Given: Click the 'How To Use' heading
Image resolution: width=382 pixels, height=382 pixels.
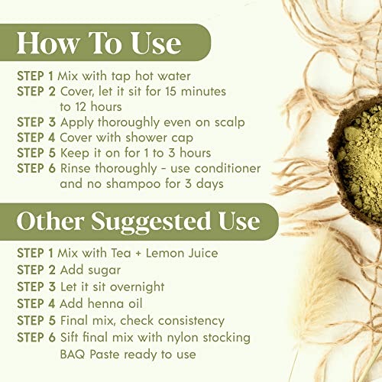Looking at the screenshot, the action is [99, 43].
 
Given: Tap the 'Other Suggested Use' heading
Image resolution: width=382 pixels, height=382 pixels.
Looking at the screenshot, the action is [138, 221].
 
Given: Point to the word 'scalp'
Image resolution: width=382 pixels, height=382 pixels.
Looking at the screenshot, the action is [229, 123].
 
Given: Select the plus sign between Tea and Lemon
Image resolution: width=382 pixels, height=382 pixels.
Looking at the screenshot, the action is [138, 254].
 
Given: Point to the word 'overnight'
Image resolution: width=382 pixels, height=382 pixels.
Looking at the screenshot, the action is [138, 287].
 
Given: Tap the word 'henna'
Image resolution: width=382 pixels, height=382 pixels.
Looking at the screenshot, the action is [106, 303].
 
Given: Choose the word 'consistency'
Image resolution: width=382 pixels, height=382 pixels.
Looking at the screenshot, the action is [191, 321].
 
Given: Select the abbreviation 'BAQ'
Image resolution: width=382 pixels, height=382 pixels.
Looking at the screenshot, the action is [73, 354].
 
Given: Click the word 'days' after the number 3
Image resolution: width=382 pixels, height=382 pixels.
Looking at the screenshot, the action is [210, 184].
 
